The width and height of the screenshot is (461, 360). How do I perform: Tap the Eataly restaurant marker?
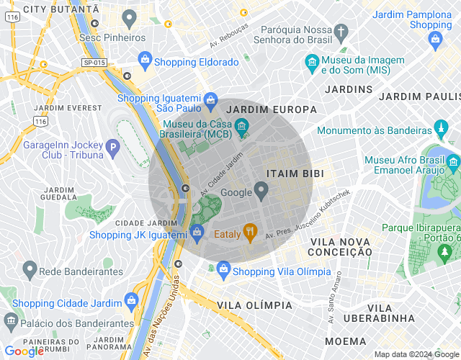coord(250,232)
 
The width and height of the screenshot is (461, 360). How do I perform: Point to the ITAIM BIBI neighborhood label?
coord(295,174)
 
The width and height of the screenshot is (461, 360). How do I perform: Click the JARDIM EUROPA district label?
coord(272,109)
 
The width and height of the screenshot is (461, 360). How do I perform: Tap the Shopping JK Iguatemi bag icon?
coord(197,231)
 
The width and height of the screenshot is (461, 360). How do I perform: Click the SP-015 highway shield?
coord(94,63)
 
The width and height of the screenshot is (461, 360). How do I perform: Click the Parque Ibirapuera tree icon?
coord(445,251)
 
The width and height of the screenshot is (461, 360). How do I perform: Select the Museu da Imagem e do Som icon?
coord(312,63)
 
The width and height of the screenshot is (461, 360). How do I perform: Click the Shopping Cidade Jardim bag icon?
coord(131,300)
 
